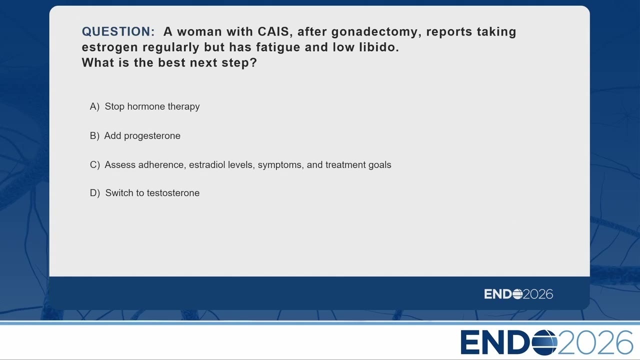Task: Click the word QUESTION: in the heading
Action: [118, 31]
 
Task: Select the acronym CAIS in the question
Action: [273, 31]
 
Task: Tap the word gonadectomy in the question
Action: [376, 32]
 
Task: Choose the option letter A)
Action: [94, 106]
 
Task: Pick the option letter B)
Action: [94, 135]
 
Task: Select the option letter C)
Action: [95, 165]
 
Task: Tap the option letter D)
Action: [95, 193]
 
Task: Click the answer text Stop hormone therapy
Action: [152, 106]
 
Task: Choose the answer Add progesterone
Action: [142, 136]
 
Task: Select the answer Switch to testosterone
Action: [152, 193]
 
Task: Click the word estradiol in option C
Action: [207, 165]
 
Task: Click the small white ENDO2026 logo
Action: [518, 294]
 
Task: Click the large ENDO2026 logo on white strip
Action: [547, 342]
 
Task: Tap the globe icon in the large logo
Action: [544, 342]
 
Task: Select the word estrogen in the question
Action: [110, 47]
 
